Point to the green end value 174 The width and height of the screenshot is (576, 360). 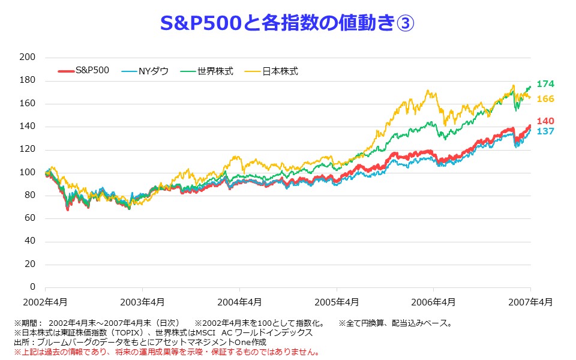[x=545, y=84]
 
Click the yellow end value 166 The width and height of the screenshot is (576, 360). [x=545, y=98]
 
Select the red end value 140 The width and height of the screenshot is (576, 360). [x=545, y=121]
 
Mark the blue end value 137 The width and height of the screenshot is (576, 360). [x=545, y=131]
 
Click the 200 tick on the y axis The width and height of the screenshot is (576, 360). [x=28, y=57]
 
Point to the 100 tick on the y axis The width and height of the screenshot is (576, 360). [x=28, y=172]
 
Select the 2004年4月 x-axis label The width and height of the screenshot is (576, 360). [x=239, y=301]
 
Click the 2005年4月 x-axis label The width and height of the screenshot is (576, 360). [x=337, y=301]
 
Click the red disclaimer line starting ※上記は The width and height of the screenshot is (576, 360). [x=167, y=352]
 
